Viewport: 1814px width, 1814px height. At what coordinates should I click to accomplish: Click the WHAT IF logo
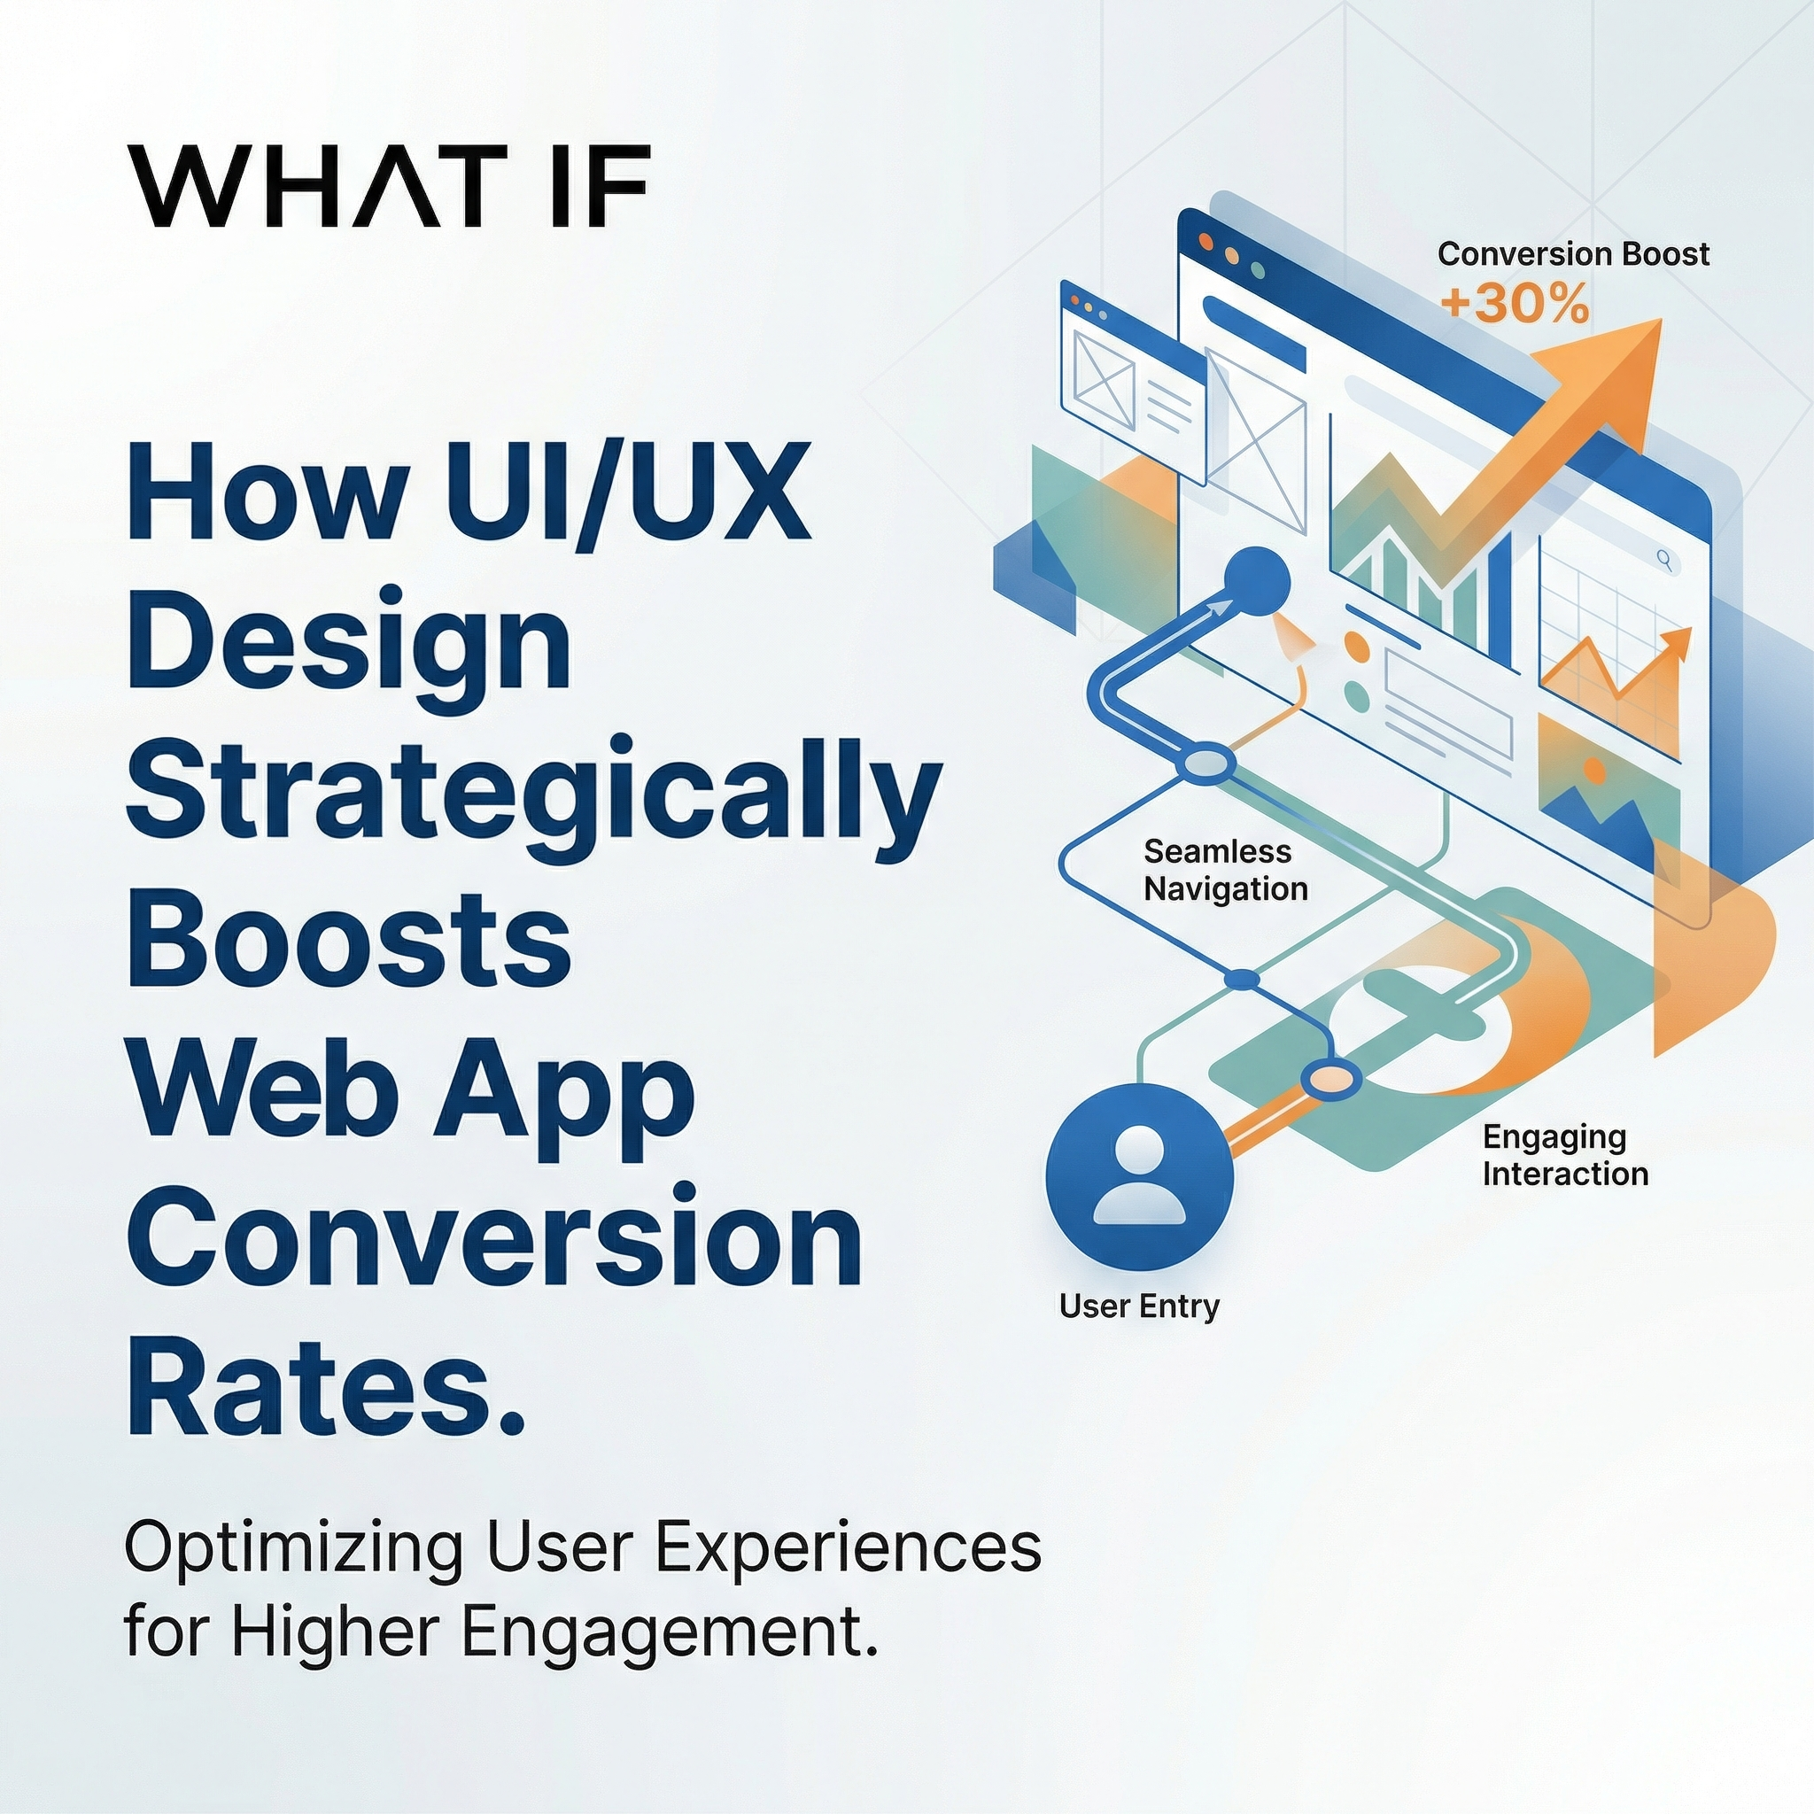pyautogui.click(x=388, y=185)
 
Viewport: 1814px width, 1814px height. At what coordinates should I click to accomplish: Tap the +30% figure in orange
pyautogui.click(x=1514, y=304)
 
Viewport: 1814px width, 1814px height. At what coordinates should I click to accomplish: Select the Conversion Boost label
pyautogui.click(x=1573, y=253)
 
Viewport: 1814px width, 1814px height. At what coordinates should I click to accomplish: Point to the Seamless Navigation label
pyautogui.click(x=1224, y=870)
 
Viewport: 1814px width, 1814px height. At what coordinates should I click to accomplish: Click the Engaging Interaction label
pyautogui.click(x=1565, y=1155)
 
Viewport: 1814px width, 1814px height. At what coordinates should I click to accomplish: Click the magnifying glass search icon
pyautogui.click(x=1664, y=561)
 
